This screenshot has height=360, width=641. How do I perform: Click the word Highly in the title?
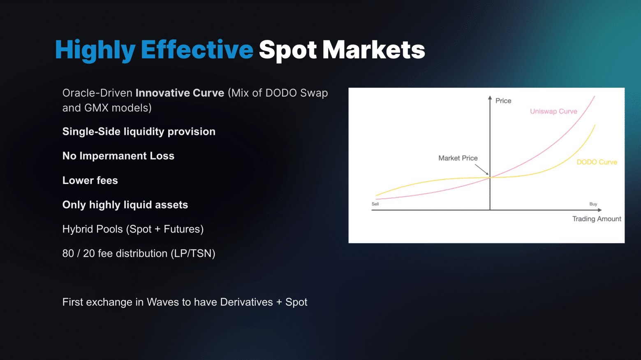coord(95,51)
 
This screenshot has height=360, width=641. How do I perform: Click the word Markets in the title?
coord(374,50)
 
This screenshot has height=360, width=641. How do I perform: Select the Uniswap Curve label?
coord(553,111)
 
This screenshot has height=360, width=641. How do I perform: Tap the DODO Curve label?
coord(597,162)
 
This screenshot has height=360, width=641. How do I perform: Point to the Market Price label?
coord(458,158)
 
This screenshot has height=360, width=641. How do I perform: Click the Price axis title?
coord(503,101)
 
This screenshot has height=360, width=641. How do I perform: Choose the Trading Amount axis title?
coord(597,219)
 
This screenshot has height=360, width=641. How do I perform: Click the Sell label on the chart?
coord(375,204)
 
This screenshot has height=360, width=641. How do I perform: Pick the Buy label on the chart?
coord(593,204)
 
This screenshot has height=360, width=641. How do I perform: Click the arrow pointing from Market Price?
coord(482,170)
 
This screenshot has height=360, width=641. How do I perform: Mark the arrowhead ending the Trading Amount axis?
coord(599,210)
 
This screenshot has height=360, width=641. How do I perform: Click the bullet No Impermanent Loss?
coord(118,156)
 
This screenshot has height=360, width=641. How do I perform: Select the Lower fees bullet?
coord(90,181)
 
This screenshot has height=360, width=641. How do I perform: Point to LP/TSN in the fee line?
coord(193,253)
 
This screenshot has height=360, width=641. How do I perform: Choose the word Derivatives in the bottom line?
coord(246,302)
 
